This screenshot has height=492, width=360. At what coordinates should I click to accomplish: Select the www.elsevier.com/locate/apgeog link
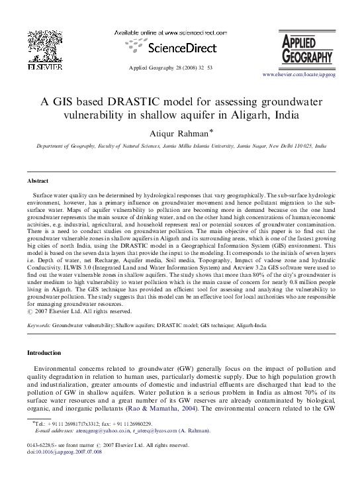[x=299, y=77]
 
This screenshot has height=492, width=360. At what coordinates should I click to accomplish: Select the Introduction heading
[x=43, y=353]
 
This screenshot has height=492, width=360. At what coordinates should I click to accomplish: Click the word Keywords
[x=39, y=326]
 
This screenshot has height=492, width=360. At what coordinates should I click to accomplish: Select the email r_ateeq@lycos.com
[x=159, y=430]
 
